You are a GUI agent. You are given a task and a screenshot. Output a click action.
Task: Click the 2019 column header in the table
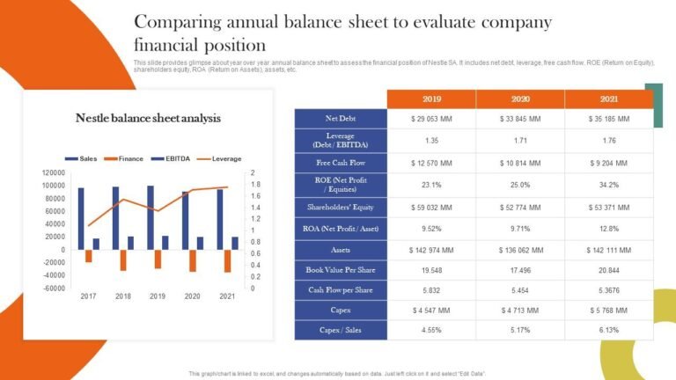click(431, 99)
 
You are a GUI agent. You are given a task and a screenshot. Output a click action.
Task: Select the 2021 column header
click(608, 99)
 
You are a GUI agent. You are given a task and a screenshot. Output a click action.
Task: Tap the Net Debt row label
click(341, 118)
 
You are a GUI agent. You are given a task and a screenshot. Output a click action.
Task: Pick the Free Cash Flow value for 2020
click(519, 163)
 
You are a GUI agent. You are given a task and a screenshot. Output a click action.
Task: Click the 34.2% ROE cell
click(608, 185)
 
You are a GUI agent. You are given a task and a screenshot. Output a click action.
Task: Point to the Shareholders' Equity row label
click(341, 208)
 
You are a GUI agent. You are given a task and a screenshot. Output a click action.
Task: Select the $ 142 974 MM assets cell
click(431, 250)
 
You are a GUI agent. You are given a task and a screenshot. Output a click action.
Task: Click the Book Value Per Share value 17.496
click(519, 271)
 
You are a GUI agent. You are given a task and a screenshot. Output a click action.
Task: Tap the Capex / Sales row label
click(341, 331)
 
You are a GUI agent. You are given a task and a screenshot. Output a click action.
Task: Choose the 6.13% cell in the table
click(608, 331)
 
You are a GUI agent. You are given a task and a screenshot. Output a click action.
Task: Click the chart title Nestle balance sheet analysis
click(148, 118)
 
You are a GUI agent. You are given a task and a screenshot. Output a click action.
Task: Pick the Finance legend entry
click(125, 158)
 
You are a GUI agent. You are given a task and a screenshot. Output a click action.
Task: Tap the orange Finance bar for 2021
click(227, 260)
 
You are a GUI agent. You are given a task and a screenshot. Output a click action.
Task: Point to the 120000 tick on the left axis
click(54, 172)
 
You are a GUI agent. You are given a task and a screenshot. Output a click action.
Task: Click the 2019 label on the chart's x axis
click(158, 296)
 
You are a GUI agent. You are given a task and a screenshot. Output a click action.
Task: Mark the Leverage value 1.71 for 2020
click(519, 140)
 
